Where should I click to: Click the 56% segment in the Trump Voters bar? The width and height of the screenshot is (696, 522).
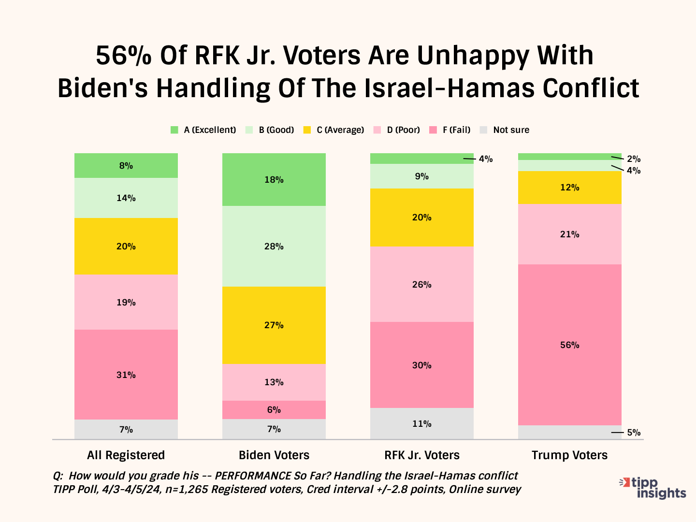click(569, 345)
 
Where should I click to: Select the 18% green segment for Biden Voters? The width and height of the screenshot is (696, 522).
click(274, 180)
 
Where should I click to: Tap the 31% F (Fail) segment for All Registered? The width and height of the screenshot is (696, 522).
click(126, 375)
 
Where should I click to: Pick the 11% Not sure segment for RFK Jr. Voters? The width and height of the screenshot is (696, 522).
click(421, 424)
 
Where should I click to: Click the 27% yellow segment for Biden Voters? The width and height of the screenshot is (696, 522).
click(274, 325)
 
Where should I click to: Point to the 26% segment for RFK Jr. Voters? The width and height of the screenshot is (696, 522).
click(421, 284)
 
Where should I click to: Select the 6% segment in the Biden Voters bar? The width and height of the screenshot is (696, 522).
click(274, 410)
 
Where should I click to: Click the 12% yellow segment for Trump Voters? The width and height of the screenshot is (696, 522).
click(569, 188)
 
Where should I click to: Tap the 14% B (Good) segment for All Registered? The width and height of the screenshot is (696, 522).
click(126, 198)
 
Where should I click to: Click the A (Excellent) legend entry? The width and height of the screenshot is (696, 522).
click(203, 130)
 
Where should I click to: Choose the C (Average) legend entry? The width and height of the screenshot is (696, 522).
click(334, 130)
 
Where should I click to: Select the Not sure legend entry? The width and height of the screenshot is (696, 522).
click(505, 130)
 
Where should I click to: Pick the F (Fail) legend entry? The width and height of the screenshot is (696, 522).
click(450, 130)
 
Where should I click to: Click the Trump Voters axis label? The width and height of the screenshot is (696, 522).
click(569, 455)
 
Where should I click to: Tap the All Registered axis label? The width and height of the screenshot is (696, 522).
click(126, 455)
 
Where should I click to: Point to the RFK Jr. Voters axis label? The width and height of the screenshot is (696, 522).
click(421, 455)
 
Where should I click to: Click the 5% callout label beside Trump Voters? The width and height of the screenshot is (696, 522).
click(634, 433)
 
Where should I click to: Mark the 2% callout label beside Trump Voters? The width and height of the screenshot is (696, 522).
click(634, 159)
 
